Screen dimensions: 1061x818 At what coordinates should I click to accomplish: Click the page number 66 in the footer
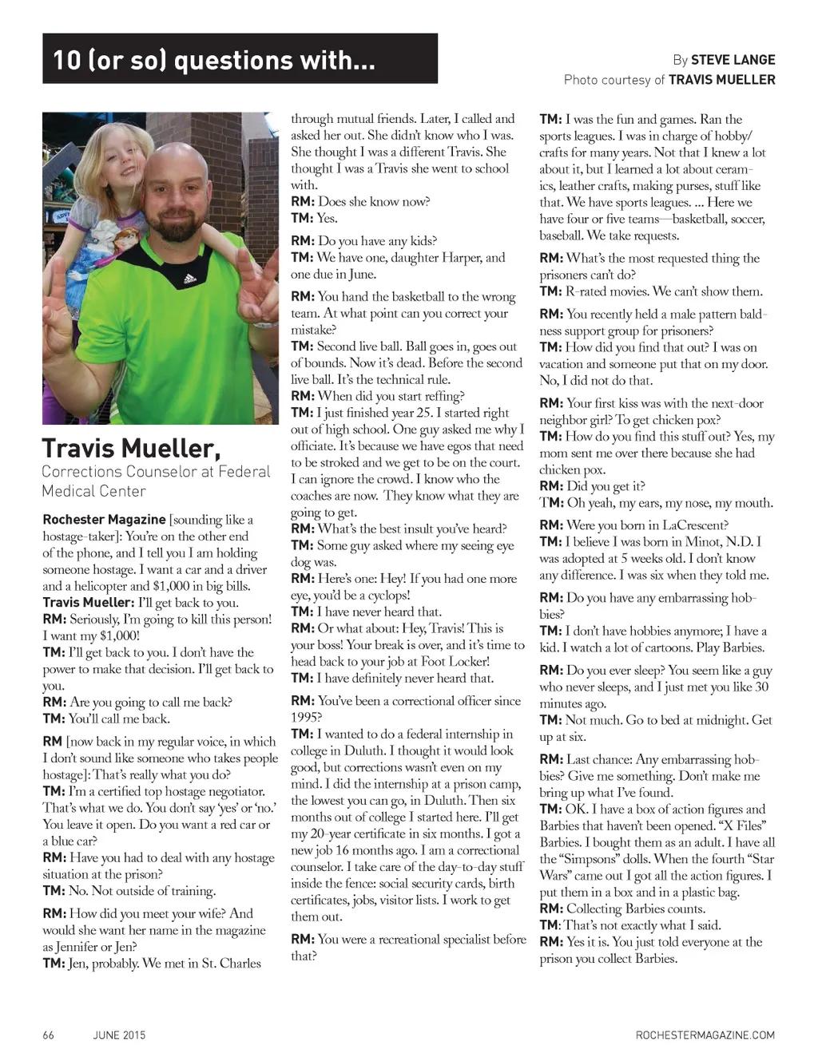(49, 1035)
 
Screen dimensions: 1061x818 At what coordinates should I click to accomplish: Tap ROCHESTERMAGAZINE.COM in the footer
(705, 1035)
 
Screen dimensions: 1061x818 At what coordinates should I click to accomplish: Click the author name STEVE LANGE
(733, 60)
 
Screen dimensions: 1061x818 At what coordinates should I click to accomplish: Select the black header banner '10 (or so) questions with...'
(240, 59)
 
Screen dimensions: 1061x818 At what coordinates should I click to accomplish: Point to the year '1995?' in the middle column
(306, 717)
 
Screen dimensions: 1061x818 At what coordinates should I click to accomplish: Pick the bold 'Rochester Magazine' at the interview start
(104, 520)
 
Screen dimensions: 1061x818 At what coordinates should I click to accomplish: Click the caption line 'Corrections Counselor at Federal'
(156, 472)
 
